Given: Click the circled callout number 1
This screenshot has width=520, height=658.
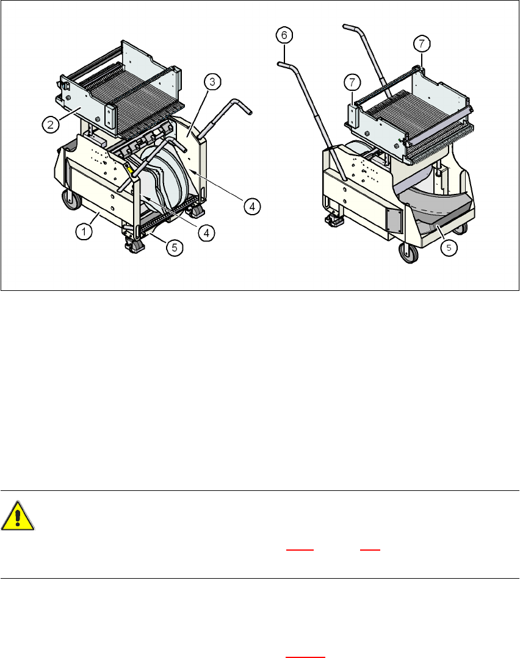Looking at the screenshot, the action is (84, 231).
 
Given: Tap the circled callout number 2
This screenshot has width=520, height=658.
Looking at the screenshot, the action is (51, 124).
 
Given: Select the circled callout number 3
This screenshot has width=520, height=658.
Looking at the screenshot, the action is (212, 82).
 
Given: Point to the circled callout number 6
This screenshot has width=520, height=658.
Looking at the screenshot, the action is (284, 35).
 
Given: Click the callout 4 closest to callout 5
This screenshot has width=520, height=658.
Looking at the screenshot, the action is (207, 232).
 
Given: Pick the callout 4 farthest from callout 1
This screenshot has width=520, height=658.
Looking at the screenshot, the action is (252, 206).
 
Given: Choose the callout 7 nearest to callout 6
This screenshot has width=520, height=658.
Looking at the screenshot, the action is (352, 83).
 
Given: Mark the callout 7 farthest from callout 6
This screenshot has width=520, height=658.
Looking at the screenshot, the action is (422, 43).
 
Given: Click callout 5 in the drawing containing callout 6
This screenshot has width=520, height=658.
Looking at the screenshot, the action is (449, 248).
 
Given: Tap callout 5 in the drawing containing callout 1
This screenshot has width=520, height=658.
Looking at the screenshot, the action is (175, 248).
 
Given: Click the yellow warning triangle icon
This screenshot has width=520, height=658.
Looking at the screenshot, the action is (17, 515).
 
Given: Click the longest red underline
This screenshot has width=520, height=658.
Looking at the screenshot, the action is (305, 657).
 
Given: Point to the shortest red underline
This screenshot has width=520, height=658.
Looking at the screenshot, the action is (370, 549).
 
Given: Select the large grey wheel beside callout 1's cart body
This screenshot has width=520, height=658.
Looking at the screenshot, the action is (72, 200).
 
